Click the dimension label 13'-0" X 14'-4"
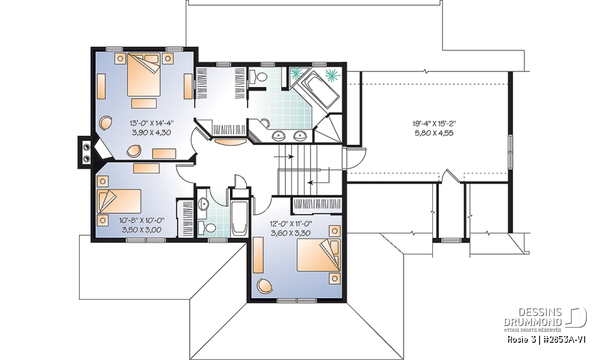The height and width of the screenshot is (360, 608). click(151, 124)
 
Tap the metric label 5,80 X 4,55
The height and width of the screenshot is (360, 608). click(434, 133)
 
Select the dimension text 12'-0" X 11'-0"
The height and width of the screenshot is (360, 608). click(291, 224)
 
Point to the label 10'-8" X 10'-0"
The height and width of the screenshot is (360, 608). click(142, 220)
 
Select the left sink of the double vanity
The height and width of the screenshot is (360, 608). click(278, 135)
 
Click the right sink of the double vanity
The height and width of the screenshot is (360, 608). click(300, 135)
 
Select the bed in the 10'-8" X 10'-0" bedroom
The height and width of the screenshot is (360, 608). click(119, 201)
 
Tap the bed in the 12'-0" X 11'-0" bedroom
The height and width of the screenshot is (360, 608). click(319, 255)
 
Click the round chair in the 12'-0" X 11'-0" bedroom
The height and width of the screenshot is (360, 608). click(264, 286)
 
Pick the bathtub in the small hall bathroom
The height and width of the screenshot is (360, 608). click(239, 218)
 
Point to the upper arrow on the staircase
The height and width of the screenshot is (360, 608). click(284, 156)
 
